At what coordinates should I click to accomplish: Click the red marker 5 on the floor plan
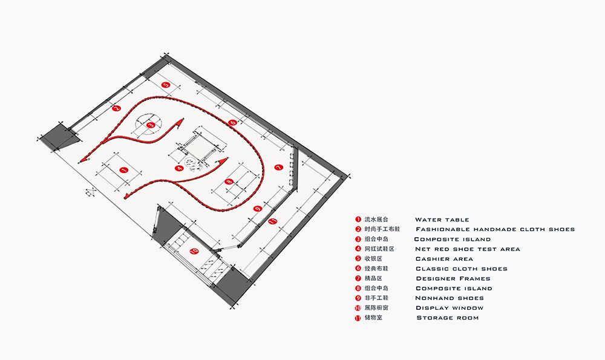[x=166, y=85]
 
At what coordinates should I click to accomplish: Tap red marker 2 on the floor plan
[x=117, y=108]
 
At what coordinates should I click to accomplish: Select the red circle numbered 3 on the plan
[x=151, y=125]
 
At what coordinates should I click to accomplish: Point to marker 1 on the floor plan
[x=123, y=171]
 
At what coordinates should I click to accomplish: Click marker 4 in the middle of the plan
[x=178, y=168]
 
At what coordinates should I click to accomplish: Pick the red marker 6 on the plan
[x=233, y=123]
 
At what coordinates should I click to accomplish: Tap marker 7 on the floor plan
[x=278, y=167]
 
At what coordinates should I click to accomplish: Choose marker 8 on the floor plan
[x=229, y=182]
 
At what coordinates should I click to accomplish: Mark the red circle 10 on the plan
[x=194, y=250]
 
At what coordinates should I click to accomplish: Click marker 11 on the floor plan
[x=272, y=222]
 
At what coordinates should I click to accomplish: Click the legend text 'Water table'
[x=442, y=220]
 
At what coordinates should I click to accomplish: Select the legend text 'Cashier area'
[x=444, y=259]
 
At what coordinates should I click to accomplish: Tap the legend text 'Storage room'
[x=448, y=318]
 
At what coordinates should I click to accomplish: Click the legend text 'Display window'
[x=450, y=308]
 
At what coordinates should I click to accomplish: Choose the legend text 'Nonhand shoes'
[x=450, y=298]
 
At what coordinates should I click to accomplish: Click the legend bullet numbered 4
[x=358, y=249]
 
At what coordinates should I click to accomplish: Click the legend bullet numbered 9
[x=358, y=298]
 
